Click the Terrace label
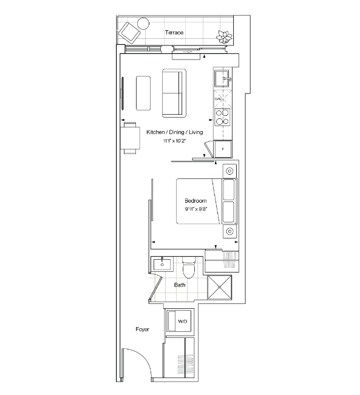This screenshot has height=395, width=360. point(174,33)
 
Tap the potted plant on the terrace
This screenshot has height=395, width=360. point(224,37)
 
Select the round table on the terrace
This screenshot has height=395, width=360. point(143,24)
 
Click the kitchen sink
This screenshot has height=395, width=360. point(222,79)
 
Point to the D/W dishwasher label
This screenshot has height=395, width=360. point(218,99)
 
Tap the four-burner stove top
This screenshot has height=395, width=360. point(222,117)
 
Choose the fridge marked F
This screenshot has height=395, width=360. point(223,149)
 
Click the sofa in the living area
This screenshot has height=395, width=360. point(174,93)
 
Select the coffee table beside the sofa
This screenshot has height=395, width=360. point(143,93)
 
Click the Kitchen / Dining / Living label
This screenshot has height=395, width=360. point(175,132)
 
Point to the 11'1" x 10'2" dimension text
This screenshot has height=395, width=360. point(174,141)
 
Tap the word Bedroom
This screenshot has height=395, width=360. point(195,201)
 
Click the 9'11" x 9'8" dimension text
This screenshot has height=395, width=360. point(196,209)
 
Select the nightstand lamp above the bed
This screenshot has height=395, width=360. point(229,171)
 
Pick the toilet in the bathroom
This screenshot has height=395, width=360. point(189,268)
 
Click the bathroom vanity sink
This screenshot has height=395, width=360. point(162,265)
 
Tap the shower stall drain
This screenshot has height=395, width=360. point(220,287)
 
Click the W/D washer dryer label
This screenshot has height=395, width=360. point(183,322)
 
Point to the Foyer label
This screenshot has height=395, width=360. point(143,329)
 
